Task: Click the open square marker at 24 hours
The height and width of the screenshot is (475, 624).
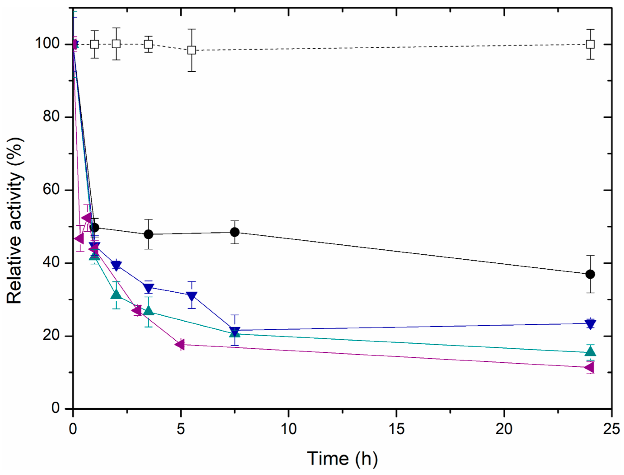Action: click(x=590, y=44)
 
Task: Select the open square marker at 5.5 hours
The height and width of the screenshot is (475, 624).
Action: click(x=192, y=50)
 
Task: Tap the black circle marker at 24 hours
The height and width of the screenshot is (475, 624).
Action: click(x=590, y=274)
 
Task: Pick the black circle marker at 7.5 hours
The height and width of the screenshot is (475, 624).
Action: click(x=235, y=232)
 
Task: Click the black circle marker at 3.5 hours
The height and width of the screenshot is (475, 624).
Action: click(x=148, y=234)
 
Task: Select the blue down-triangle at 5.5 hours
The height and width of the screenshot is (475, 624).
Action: click(x=192, y=296)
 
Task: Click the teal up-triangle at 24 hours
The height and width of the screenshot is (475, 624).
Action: click(x=590, y=352)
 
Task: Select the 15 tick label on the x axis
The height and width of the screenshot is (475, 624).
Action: click(x=397, y=429)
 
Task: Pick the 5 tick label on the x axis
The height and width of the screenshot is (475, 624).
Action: click(x=181, y=429)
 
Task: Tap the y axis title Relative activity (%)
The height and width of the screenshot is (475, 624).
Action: click(x=14, y=220)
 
